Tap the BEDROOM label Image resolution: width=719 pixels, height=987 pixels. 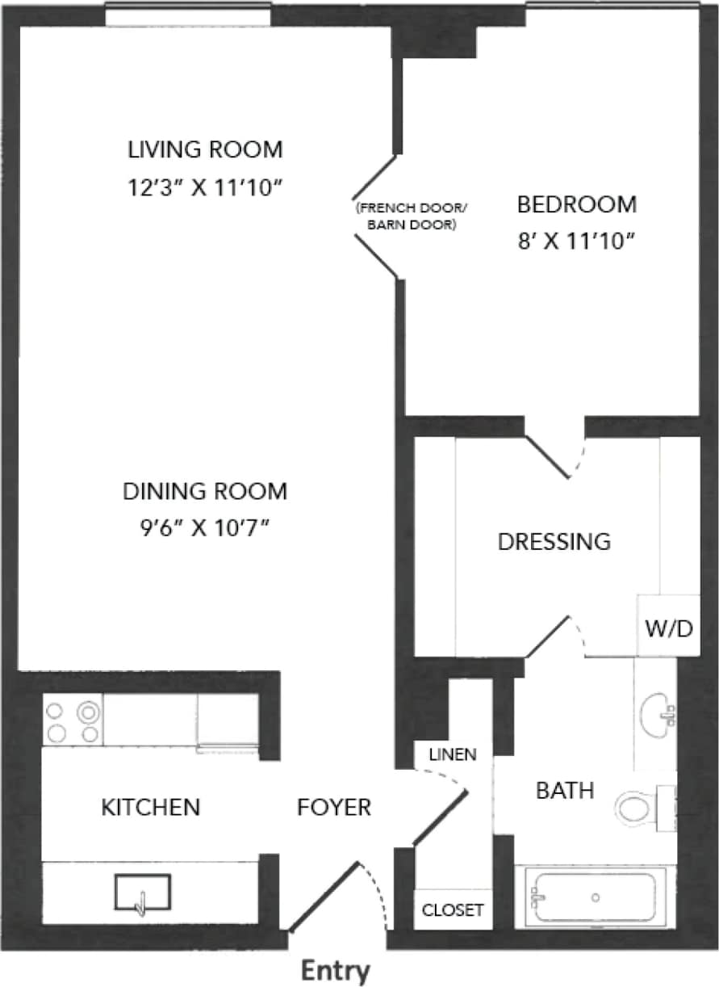click(576, 204)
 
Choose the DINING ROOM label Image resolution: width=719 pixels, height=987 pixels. click(205, 490)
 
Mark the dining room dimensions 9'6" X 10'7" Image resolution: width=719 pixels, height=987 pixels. click(205, 528)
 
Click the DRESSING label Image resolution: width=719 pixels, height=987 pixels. click(554, 541)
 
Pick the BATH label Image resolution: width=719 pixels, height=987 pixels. click(565, 790)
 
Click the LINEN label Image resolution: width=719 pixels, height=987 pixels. click(453, 755)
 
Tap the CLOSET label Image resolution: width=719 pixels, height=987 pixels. click(453, 910)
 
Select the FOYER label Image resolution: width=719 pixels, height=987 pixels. click(334, 806)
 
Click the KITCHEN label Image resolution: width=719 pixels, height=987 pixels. click(150, 806)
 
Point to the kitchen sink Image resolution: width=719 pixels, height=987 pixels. click(143, 894)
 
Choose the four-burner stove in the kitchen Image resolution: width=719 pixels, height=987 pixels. click(73, 721)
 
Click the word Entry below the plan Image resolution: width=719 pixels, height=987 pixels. click(335, 970)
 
